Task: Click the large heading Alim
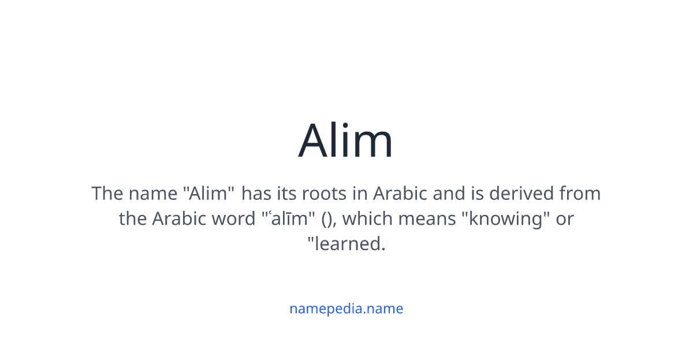(x=346, y=141)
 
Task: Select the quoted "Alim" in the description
(x=211, y=193)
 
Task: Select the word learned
(x=348, y=244)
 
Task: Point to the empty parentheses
(x=326, y=220)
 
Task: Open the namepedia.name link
(x=346, y=309)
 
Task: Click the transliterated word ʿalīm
(x=286, y=219)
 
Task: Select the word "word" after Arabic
(x=233, y=219)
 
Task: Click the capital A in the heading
(x=314, y=141)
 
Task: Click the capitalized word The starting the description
(x=107, y=193)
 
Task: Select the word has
(x=256, y=193)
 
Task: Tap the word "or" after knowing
(x=564, y=219)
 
